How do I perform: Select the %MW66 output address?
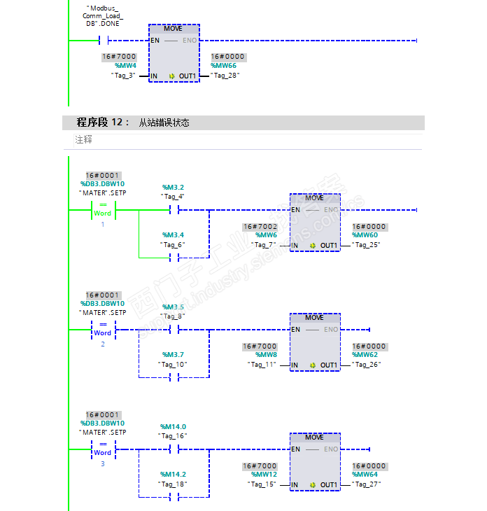click(224, 66)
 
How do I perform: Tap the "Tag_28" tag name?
click(225, 76)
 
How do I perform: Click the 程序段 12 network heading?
click(103, 122)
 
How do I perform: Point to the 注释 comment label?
click(83, 139)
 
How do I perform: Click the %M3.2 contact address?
click(173, 188)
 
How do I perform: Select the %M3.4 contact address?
click(173, 235)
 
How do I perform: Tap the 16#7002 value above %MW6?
click(260, 227)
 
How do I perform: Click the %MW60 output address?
click(365, 235)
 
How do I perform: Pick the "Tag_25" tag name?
click(366, 245)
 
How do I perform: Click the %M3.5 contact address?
click(173, 307)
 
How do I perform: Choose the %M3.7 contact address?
click(173, 355)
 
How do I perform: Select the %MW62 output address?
click(365, 355)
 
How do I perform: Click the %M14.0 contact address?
click(173, 426)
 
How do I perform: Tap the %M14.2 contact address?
click(173, 474)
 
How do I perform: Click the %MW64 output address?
click(365, 474)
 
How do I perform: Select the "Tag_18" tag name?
click(173, 484)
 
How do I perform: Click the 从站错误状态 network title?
click(164, 122)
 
